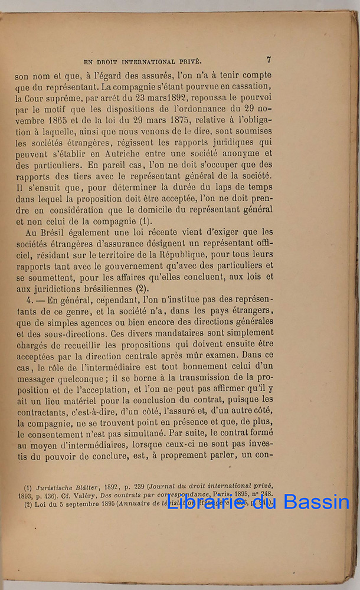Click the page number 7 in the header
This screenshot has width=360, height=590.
tap(269, 60)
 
